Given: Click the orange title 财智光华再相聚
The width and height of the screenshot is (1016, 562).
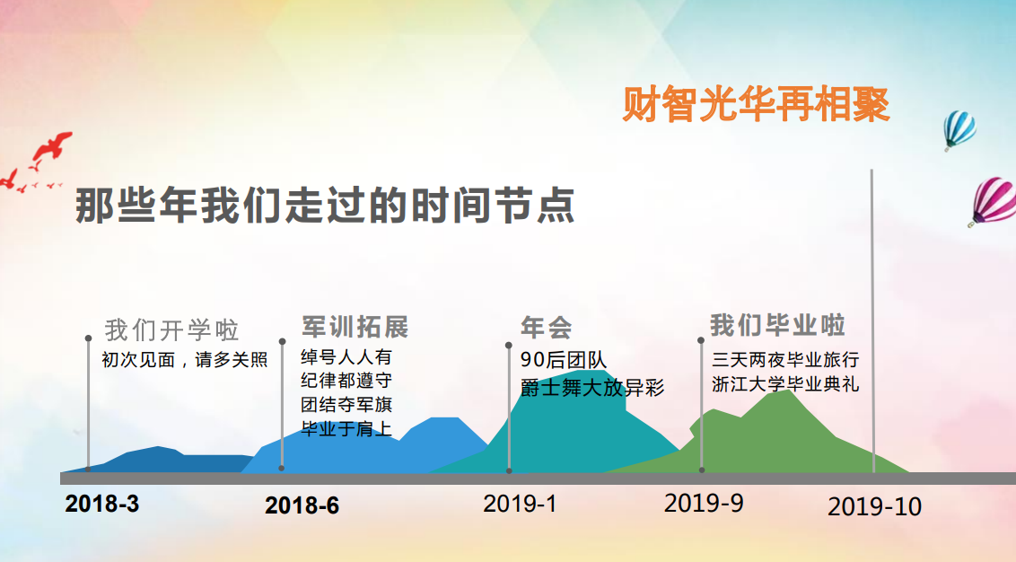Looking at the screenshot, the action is [756, 104].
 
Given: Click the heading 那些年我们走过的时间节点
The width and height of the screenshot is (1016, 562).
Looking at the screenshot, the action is [325, 206].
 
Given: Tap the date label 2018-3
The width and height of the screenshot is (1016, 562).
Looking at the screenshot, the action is [101, 504].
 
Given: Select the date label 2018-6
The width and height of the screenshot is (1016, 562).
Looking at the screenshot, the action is [302, 505].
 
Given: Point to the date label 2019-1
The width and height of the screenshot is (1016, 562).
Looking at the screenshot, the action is [520, 504].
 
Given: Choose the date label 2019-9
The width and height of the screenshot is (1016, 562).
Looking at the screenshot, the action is [704, 503].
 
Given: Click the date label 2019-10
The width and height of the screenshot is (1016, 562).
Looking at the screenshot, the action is [874, 506].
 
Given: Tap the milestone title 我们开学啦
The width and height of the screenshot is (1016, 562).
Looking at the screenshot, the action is [171, 330].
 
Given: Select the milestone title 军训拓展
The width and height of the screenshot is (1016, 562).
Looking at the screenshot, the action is [355, 328].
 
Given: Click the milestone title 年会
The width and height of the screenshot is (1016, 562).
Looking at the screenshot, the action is [547, 328].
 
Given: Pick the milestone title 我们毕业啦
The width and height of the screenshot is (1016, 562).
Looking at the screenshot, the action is [777, 325].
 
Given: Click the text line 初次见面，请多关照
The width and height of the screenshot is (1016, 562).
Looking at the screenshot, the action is [185, 360].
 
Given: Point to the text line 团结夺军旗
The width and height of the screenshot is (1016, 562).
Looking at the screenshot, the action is [346, 405].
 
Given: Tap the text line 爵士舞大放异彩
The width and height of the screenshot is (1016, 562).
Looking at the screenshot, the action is [592, 388].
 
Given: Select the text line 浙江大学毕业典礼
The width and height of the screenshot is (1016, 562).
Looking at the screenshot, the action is [785, 383].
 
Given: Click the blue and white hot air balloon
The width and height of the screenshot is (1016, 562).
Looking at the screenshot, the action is [959, 129].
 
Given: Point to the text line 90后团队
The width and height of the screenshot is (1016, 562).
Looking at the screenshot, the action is [563, 360].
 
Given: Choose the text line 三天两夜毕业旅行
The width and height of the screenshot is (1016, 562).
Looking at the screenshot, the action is [785, 359].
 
